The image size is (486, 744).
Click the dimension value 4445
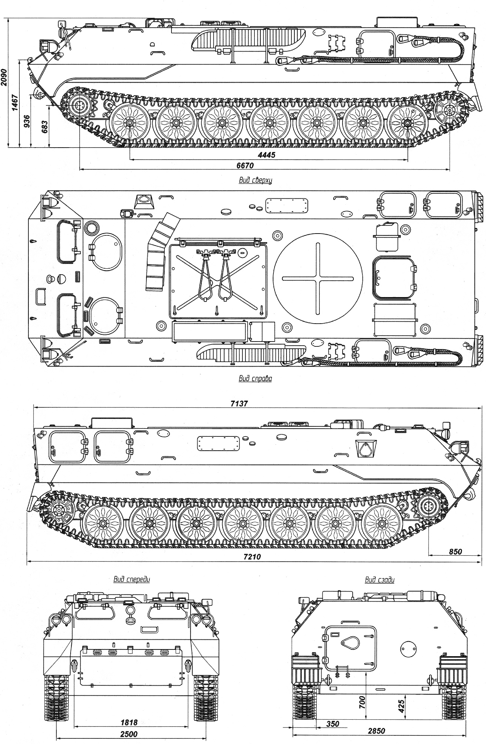click(x=266, y=155)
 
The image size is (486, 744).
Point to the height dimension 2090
click(x=4, y=77)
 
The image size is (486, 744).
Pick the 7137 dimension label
click(x=239, y=404)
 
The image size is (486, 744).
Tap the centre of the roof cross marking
click(x=318, y=278)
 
